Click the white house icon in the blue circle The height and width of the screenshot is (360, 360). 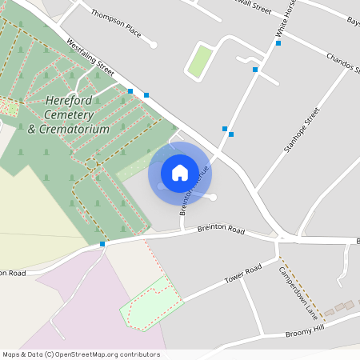pos(180,172)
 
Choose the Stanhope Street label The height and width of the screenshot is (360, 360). pos(302,130)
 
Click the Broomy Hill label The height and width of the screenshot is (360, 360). pos(305,328)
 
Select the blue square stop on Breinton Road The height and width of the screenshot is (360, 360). pos(102,243)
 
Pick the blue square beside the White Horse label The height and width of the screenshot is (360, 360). pos(278,43)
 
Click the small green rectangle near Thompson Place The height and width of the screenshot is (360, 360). pos(200,62)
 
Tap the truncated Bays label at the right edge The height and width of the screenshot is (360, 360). pos(352,20)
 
